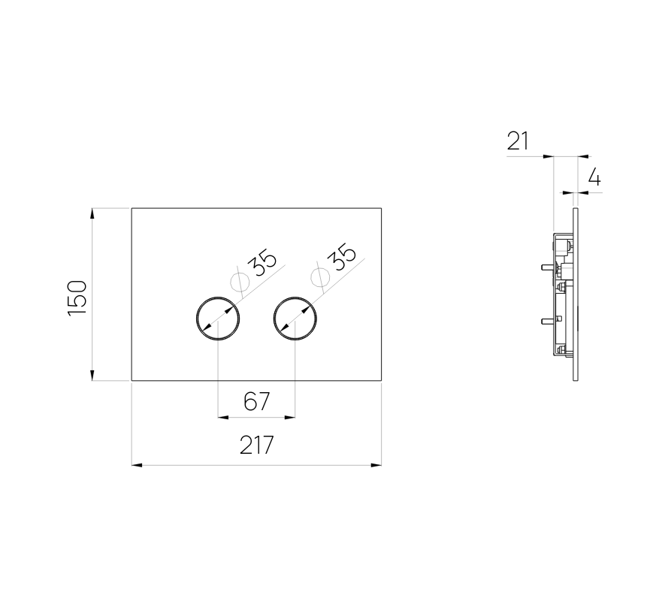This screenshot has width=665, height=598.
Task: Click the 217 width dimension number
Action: click(x=256, y=445)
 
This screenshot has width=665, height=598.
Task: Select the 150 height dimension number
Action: click(x=77, y=297)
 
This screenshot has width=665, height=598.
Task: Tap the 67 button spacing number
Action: click(x=256, y=401)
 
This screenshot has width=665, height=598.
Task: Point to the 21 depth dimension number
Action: click(x=518, y=141)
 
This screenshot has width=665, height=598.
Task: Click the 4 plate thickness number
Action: click(x=594, y=177)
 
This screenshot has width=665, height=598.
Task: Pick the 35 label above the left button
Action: click(x=262, y=264)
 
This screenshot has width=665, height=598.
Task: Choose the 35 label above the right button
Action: click(x=342, y=257)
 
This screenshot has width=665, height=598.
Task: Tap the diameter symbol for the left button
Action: click(x=239, y=281)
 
